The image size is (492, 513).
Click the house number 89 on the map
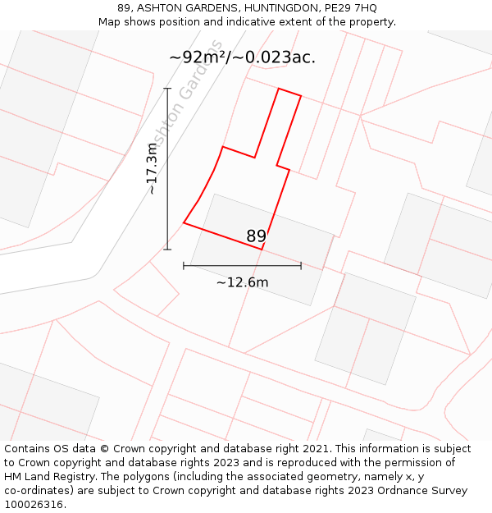tap(256, 236)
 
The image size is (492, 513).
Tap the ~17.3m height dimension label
tap(152, 168)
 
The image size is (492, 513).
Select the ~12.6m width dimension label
tap(242, 282)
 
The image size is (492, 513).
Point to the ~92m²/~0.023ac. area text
tap(242, 57)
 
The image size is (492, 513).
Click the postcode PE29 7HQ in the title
tap(351, 8)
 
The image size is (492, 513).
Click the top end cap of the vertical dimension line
tap(167, 88)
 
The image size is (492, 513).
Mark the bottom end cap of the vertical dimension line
tap(167, 249)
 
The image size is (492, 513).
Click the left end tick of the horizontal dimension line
tap(184, 265)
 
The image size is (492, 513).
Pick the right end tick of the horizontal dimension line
tap(301, 265)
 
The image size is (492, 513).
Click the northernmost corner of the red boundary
tap(280, 89)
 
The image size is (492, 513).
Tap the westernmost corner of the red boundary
tap(184, 222)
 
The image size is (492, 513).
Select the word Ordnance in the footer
tap(397, 491)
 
